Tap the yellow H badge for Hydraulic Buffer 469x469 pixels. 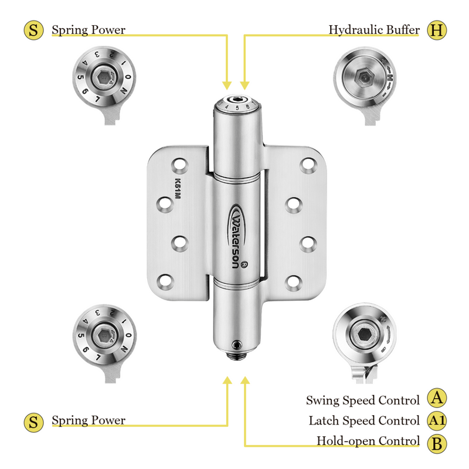(435, 29)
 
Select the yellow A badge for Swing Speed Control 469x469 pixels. (436, 399)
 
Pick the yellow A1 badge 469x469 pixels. (436, 420)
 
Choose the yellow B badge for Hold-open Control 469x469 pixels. (436, 443)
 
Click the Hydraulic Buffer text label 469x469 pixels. (374, 29)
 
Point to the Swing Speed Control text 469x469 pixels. (363, 400)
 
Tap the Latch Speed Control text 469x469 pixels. (364, 421)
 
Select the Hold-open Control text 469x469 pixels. (368, 441)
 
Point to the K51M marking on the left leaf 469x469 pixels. (176, 191)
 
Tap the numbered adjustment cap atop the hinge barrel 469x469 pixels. (237, 104)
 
